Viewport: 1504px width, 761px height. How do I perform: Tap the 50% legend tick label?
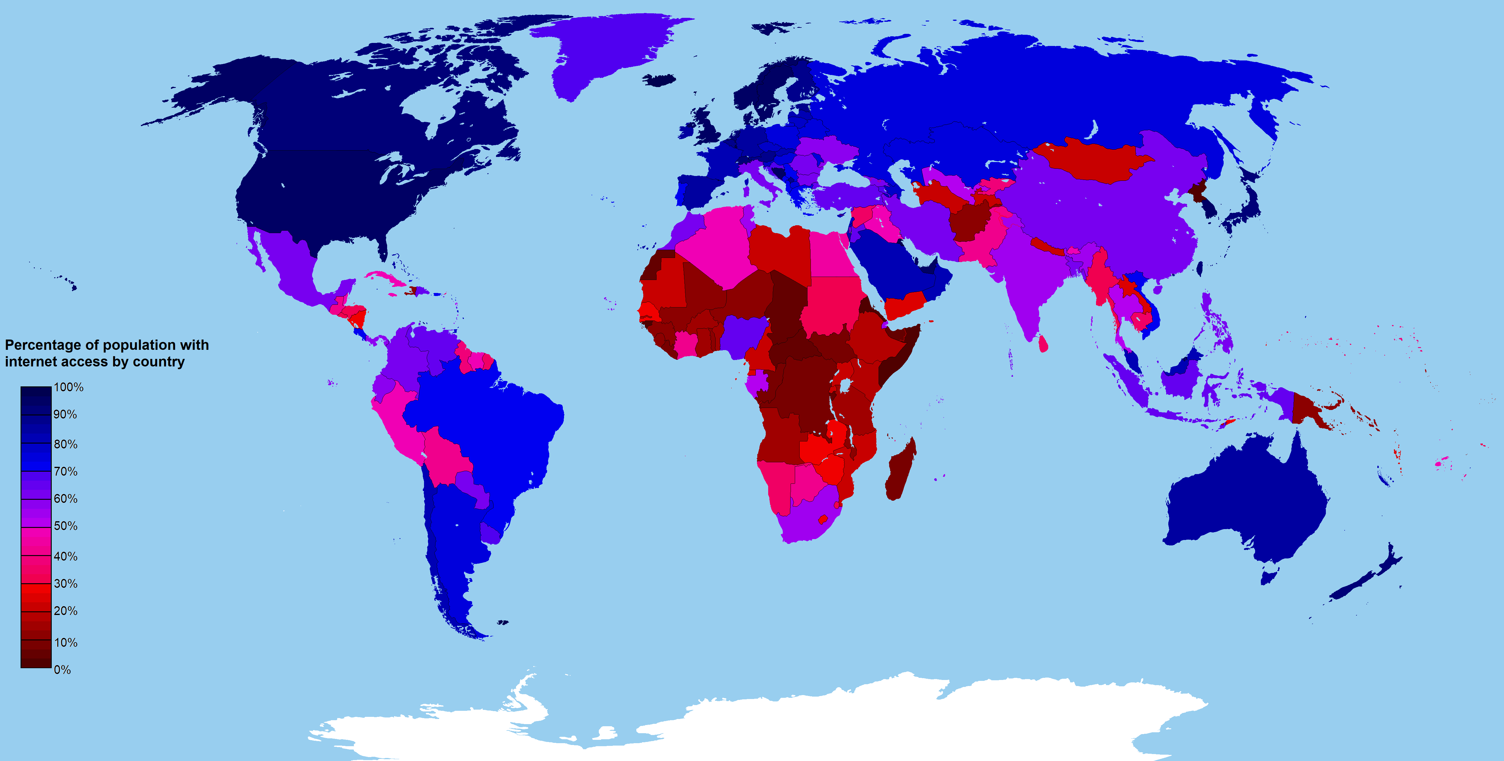[65, 526]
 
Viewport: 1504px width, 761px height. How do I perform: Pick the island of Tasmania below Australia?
[1268, 578]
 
